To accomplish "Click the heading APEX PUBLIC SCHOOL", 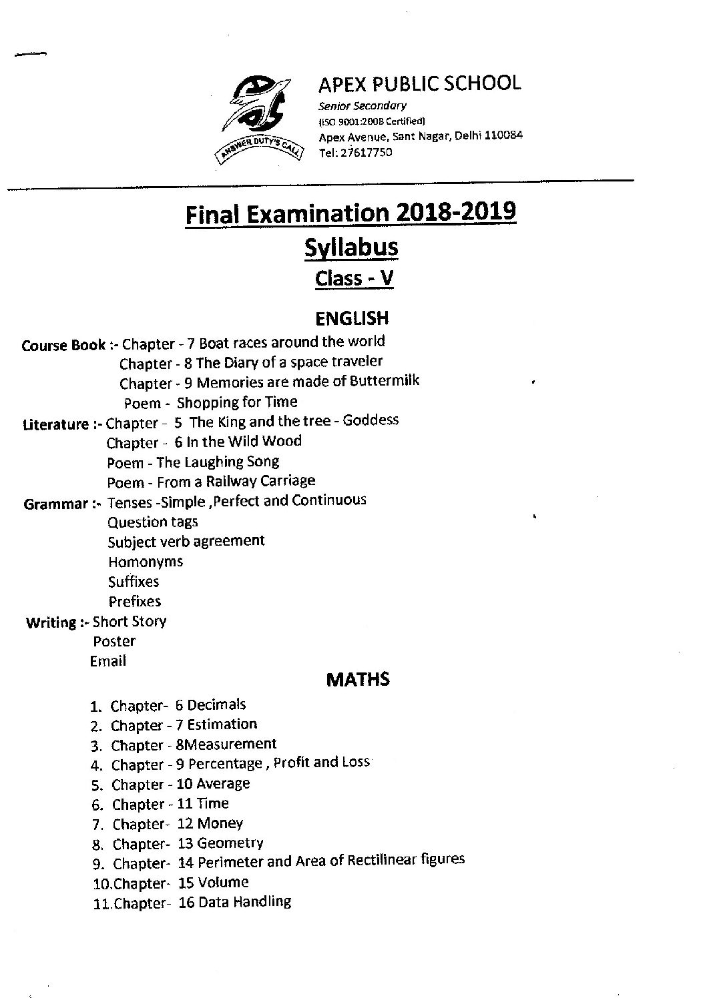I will point(419,84).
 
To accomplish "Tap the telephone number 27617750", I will point(366,152).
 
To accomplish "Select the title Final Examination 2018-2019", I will point(350,213).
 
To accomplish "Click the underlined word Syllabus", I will point(351,247).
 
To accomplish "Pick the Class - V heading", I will point(354,278).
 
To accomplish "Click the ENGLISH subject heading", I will point(352,318).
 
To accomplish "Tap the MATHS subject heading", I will point(358,680).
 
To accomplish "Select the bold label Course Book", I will point(63,346).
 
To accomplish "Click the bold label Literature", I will point(55,424).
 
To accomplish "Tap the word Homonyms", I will point(146,562).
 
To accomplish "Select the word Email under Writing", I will point(108,661).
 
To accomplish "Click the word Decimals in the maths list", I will point(216,705).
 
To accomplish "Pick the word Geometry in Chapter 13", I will point(230,843).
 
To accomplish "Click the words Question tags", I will point(153,522).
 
